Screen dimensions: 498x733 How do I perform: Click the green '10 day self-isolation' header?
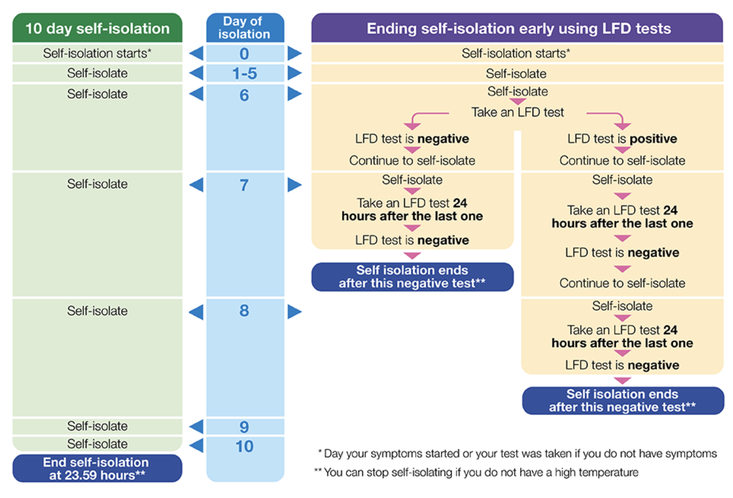[x=98, y=28]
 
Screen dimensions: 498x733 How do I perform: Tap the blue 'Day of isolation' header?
[x=245, y=28]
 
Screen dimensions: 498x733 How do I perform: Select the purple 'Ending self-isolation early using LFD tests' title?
[x=518, y=28]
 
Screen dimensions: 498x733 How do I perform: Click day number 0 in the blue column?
[x=245, y=54]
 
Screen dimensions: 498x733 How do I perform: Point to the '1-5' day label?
[x=245, y=73]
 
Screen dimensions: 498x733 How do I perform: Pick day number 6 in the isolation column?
[x=245, y=95]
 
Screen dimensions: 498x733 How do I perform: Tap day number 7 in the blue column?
[x=245, y=185]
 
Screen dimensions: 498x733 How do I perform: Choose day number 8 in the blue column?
[x=245, y=311]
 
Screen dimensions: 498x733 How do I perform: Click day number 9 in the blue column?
[x=245, y=427]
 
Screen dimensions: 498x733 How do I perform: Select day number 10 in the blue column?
[x=245, y=446]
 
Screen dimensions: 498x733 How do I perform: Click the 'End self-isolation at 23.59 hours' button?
[x=97, y=469]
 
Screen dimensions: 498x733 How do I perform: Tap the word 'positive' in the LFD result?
[x=653, y=139]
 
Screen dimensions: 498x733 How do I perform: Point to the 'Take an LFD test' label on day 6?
[x=518, y=112]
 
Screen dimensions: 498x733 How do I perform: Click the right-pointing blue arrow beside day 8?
[x=294, y=311]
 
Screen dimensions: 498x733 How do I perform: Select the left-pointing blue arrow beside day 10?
[x=196, y=446]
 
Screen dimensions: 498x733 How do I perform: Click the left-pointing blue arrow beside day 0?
[x=196, y=53]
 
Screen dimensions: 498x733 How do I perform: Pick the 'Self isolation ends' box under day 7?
[x=412, y=277]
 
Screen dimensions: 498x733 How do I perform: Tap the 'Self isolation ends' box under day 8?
[x=622, y=400]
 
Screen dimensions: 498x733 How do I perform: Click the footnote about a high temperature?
[x=477, y=473]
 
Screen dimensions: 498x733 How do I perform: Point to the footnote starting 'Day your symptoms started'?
[x=518, y=454]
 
